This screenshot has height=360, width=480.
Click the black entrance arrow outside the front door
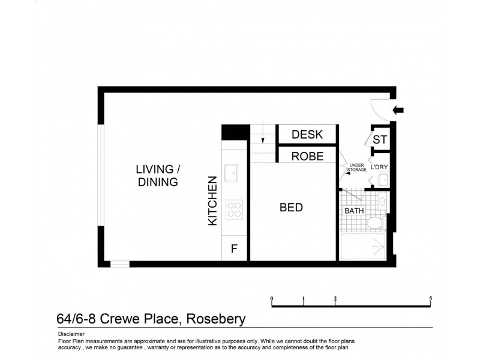(398, 109)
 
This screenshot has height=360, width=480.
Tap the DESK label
(307, 134)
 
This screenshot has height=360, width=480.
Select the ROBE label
(307, 156)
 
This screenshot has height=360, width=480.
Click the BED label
(291, 208)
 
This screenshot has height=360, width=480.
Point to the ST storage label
(380, 140)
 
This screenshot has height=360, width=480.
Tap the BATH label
(353, 211)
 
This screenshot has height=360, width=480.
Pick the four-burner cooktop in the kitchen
(233, 209)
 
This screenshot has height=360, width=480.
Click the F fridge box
(234, 248)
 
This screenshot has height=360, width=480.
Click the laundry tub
(382, 179)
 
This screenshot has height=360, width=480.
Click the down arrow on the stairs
(263, 140)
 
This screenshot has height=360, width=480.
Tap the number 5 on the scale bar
(431, 298)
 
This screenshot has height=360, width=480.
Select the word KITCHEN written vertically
(212, 200)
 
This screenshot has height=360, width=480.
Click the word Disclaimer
(71, 334)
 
